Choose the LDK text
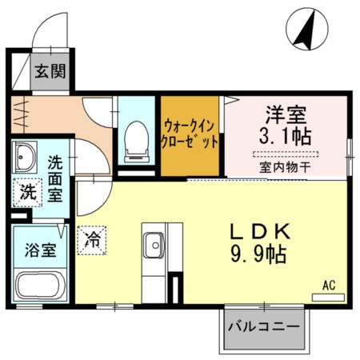tap(258, 232)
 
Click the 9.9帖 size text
tap(258, 255)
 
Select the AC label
tap(329, 284)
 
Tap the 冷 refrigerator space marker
tap(93, 238)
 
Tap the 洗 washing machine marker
tap(27, 192)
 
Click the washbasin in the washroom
tap(24, 154)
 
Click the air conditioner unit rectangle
tap(328, 297)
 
